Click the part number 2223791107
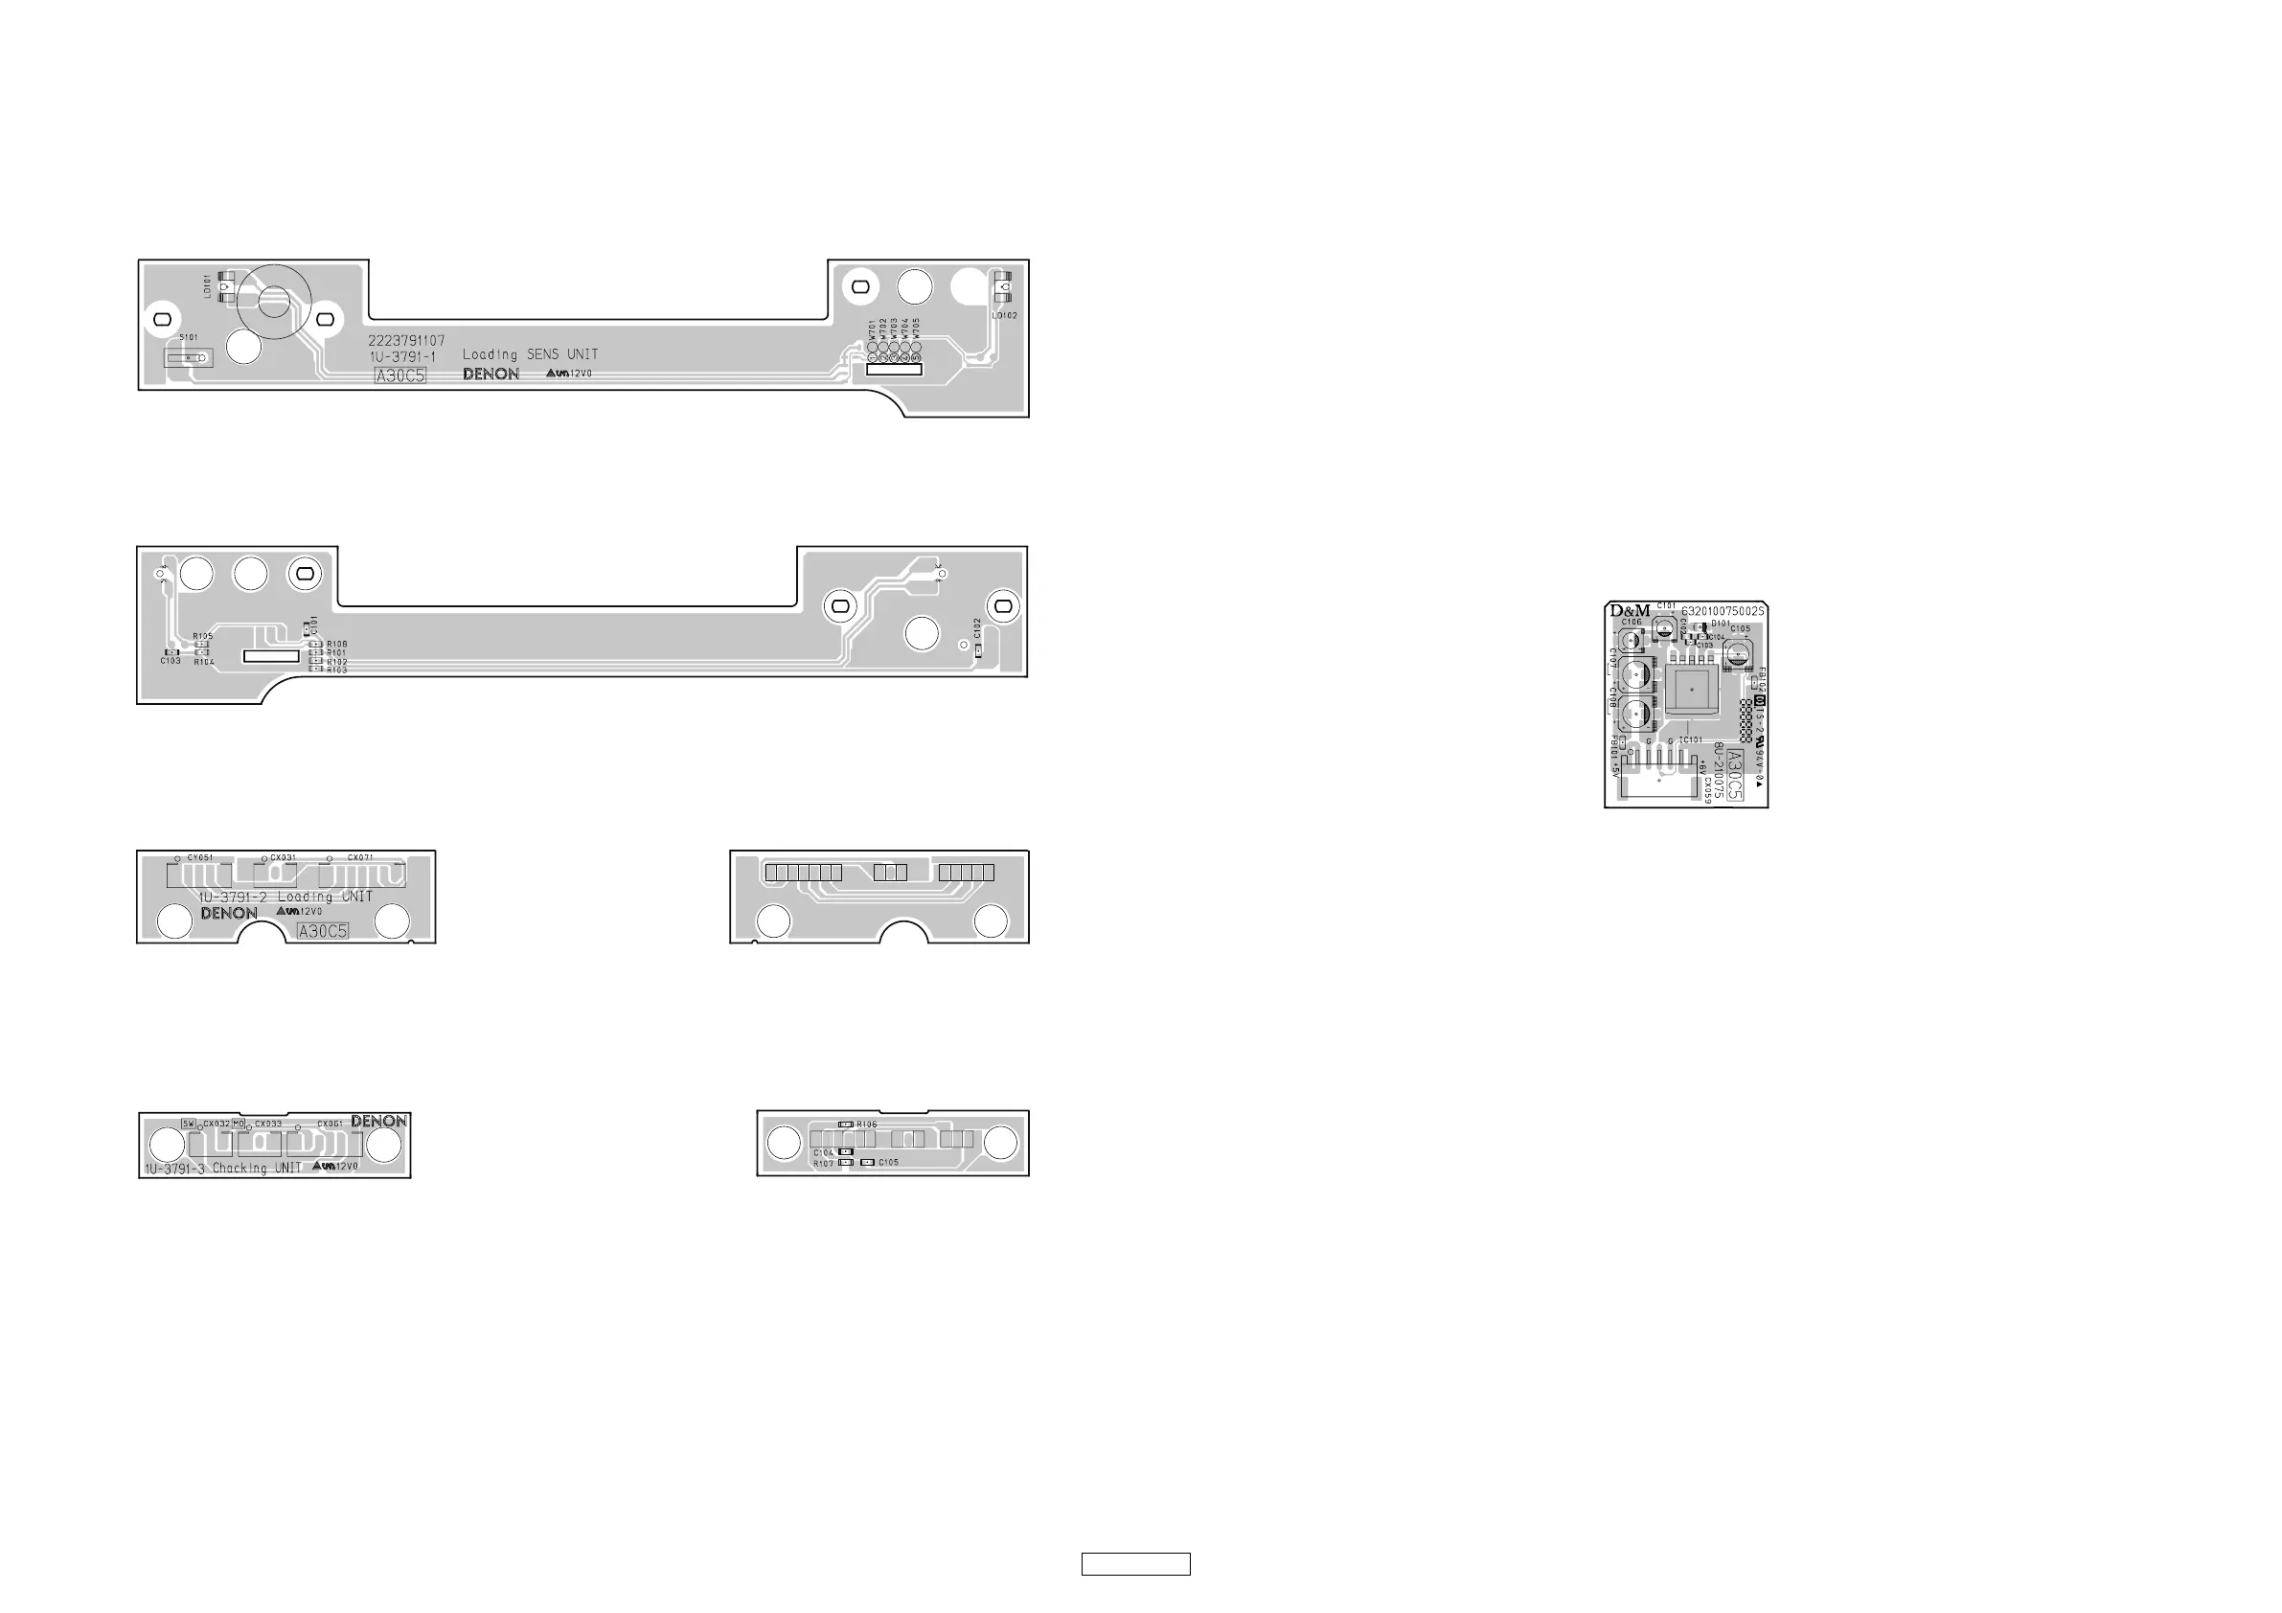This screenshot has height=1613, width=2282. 406,341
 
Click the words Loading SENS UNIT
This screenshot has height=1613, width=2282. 530,354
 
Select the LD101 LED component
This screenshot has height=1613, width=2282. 226,288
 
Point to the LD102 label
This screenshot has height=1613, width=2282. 1004,316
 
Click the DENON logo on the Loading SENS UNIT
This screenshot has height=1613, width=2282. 491,375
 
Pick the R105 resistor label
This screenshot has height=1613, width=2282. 203,636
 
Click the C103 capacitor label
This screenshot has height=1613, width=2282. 171,661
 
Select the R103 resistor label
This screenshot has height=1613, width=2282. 337,670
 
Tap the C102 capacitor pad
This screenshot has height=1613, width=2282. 978,650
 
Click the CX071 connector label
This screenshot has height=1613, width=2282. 360,857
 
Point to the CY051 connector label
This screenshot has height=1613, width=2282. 200,857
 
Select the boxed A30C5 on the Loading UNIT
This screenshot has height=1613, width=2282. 323,931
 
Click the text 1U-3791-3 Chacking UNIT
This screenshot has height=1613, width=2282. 222,1169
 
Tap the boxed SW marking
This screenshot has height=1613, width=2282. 189,1123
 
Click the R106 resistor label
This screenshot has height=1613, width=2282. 867,1125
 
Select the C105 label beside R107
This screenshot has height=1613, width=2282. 887,1163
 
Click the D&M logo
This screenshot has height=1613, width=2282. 1630,611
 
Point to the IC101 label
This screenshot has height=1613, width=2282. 1692,740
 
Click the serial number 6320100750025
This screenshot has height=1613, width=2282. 1723,611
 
